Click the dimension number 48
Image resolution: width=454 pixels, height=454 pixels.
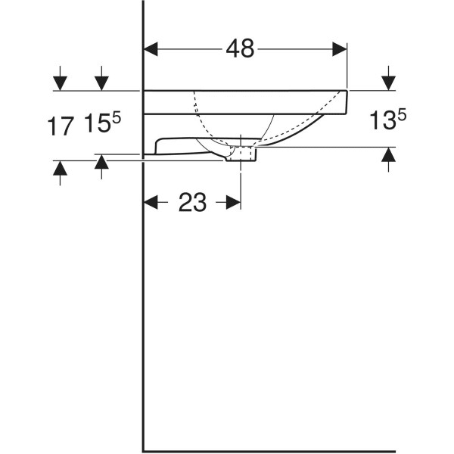click(240, 48)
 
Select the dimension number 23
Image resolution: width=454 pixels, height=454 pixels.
click(192, 202)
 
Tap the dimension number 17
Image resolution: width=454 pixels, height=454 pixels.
click(60, 126)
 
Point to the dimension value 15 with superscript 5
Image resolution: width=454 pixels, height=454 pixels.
click(102, 123)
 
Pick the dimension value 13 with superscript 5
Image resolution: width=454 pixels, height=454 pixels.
click(388, 119)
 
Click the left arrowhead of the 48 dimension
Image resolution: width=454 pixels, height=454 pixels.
click(151, 49)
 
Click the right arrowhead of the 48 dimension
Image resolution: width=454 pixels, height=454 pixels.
click(340, 49)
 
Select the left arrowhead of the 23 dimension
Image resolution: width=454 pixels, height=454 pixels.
click(151, 202)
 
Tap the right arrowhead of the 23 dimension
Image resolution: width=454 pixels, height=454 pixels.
click(233, 202)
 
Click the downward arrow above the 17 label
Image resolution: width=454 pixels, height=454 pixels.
click(60, 78)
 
